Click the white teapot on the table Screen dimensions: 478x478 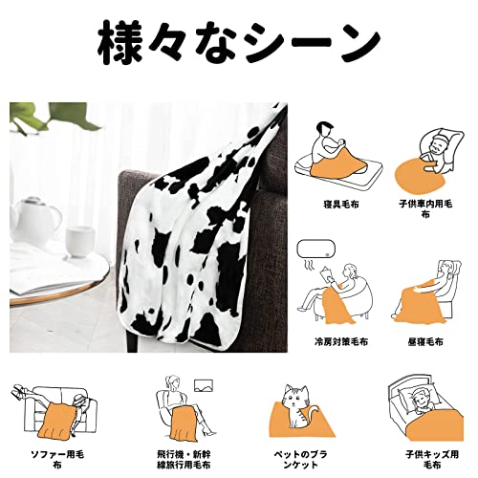pos(35,222)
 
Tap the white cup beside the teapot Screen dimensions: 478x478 pos(79,242)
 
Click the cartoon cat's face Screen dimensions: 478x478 pos(295,398)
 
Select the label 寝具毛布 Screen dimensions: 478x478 pos(341,205)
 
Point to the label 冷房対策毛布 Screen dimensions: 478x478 pos(341,342)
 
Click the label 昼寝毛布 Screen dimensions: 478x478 pos(425,342)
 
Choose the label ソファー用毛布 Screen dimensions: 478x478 pos(57,459)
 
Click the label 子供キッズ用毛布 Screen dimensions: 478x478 pos(432,459)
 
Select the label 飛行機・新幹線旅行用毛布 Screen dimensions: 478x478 pos(184,459)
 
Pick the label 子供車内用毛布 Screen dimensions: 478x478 pos(425,209)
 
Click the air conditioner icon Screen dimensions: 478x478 pos(315,250)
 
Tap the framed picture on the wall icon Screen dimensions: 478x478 pos(204,385)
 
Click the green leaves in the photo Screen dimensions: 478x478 pos(54,117)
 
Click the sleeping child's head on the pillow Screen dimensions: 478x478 pos(421,399)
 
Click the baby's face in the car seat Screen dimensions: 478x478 pos(436,145)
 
